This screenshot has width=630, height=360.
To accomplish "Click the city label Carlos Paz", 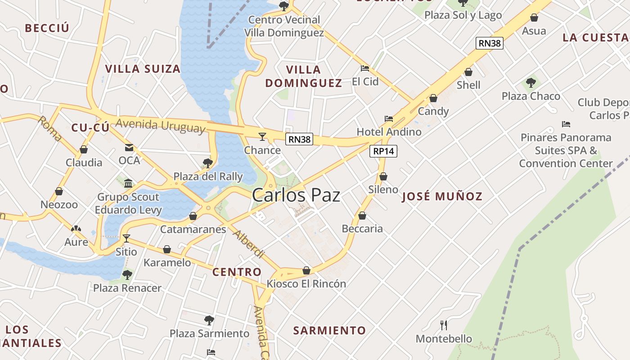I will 296,195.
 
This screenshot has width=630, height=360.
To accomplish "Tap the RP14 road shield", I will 384,151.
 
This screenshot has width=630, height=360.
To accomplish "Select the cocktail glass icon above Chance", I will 262,136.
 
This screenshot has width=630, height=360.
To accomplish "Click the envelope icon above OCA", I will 129,147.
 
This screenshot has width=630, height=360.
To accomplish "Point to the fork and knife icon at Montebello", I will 444,325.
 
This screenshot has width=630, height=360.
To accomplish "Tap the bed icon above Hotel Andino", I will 389,119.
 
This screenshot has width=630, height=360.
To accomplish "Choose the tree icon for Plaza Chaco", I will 531,83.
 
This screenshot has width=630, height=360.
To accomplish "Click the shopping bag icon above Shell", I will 468,72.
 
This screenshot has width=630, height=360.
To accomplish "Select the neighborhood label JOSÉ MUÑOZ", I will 442,196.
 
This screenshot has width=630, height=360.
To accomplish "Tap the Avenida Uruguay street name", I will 161,126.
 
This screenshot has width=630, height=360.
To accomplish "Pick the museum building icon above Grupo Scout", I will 128,183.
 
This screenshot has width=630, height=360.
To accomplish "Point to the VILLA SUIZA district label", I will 143,69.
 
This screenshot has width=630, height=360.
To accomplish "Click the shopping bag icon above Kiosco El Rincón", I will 306,270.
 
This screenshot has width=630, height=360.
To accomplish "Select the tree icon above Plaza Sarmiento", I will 209,320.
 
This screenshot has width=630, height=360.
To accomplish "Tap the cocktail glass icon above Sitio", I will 126,238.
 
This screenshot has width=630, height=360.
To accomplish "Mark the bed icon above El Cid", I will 365,68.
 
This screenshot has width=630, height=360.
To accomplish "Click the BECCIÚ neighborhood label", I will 47,28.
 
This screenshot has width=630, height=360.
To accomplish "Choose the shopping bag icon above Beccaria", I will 362,216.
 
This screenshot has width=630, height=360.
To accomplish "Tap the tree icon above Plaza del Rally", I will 207,163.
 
